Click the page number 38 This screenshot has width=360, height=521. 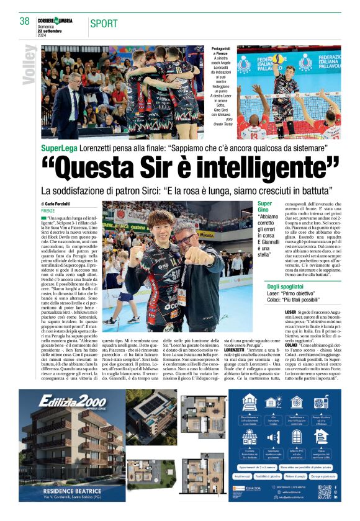[x=25, y=21]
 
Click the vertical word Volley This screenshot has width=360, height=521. [x=29, y=66]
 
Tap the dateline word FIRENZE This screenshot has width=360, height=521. [x=48, y=211]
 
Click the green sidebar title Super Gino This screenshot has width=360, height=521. [x=265, y=208]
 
